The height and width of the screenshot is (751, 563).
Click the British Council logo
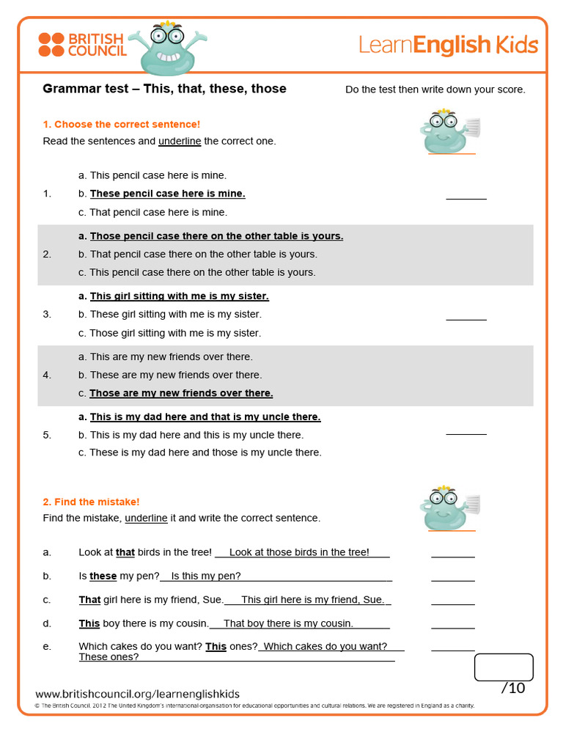click(x=82, y=45)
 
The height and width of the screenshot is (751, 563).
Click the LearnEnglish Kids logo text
click(x=448, y=45)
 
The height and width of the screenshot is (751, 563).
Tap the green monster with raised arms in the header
click(x=166, y=48)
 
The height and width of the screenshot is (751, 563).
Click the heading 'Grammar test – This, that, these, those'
click(x=164, y=89)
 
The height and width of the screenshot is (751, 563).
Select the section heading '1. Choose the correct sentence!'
click(x=121, y=125)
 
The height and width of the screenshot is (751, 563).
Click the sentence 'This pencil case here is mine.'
click(x=158, y=175)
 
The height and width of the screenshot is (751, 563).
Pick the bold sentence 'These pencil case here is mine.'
click(x=167, y=194)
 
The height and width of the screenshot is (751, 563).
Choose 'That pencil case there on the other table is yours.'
click(x=203, y=254)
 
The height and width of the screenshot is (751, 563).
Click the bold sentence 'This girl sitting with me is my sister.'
click(x=179, y=296)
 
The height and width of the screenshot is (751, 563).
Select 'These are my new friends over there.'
click(x=175, y=375)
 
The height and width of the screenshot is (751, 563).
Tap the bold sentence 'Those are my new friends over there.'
click(x=181, y=393)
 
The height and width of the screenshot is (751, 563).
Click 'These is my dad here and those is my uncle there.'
click(x=205, y=453)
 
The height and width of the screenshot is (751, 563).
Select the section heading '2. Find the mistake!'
click(x=91, y=502)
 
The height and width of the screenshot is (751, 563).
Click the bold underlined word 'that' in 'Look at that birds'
click(x=125, y=552)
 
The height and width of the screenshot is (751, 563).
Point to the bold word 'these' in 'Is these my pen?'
click(x=103, y=576)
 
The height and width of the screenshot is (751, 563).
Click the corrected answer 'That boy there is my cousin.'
click(x=288, y=623)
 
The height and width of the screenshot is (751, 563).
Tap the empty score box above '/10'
click(x=504, y=667)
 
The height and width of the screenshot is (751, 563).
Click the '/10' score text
click(x=512, y=688)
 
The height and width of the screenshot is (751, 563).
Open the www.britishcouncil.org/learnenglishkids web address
click(x=137, y=694)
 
